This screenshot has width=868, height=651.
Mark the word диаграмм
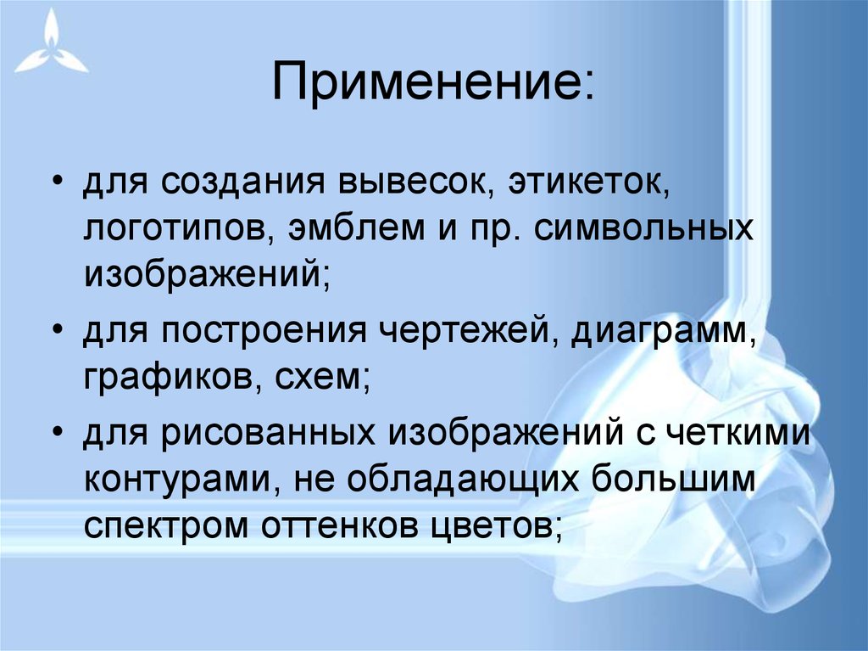[660, 328]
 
